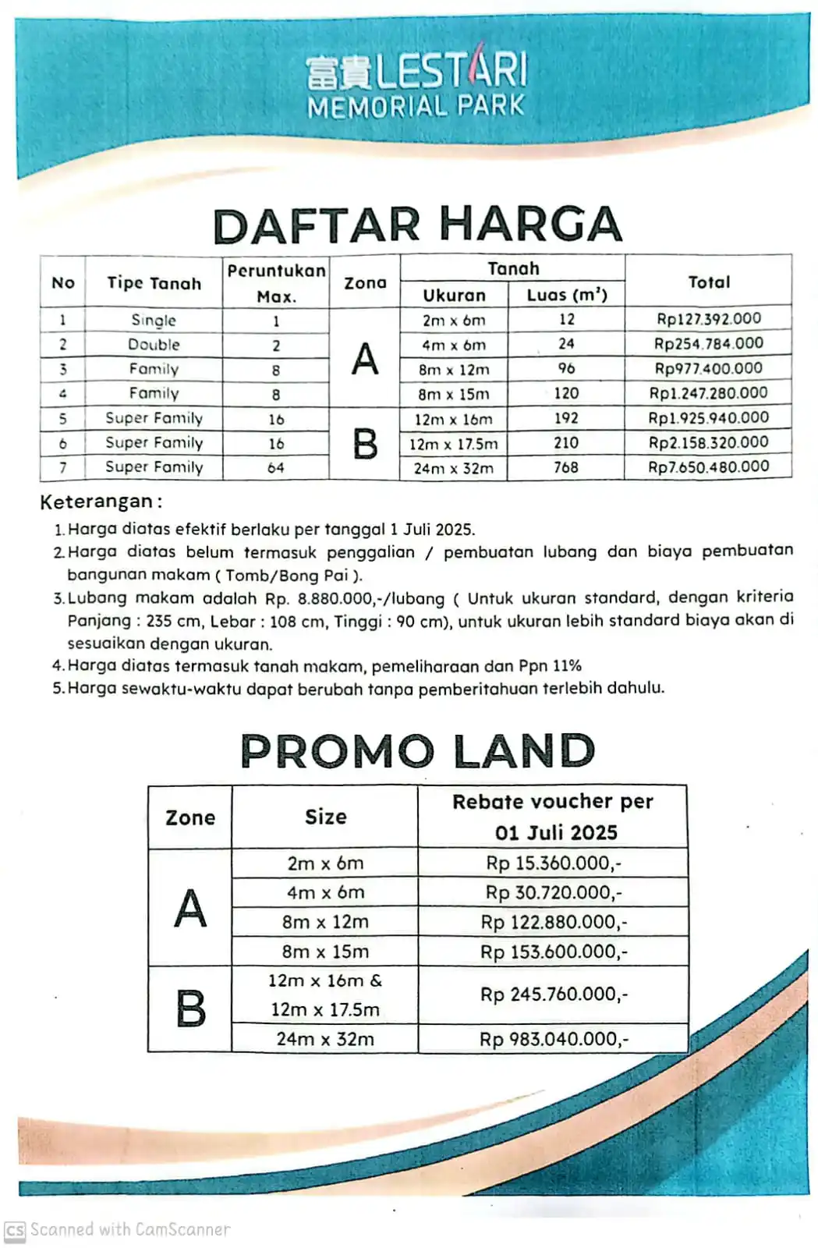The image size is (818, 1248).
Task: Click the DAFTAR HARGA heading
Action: (418, 225)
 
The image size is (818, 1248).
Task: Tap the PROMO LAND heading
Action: (418, 750)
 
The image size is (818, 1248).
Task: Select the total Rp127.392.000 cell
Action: (708, 319)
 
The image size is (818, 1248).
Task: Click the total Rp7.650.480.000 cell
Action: (708, 467)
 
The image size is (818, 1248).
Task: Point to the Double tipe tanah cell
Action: (154, 345)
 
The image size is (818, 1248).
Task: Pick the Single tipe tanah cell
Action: (154, 320)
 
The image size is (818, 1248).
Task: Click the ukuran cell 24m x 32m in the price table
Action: (453, 468)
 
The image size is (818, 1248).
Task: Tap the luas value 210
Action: (566, 443)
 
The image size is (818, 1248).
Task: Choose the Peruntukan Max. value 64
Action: (276, 468)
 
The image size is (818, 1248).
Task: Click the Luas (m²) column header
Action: (566, 295)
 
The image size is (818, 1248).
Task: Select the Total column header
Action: (708, 282)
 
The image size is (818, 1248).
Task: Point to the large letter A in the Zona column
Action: (364, 359)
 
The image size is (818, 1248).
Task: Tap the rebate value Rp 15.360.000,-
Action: (553, 863)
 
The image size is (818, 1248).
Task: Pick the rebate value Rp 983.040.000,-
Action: (553, 1039)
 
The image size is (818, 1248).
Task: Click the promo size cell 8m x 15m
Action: (325, 952)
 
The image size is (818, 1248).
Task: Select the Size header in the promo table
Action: (325, 817)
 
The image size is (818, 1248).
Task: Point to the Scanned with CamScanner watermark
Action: (119, 1230)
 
